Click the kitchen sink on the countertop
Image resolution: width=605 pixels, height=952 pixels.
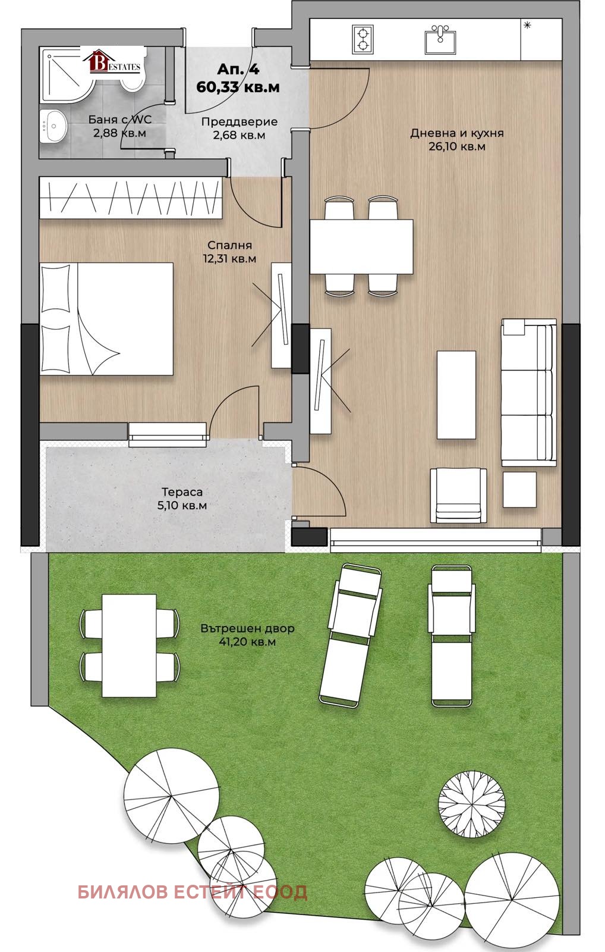click(x=440, y=39)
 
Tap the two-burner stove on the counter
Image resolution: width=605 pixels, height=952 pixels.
click(x=363, y=39)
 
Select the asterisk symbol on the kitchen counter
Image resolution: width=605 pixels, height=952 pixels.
click(x=527, y=26)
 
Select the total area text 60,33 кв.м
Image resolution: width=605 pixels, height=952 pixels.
click(x=238, y=87)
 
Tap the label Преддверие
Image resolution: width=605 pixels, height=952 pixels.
click(x=240, y=121)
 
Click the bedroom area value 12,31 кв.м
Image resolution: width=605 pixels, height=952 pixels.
click(x=229, y=258)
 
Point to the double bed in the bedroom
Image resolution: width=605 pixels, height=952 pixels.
click(x=106, y=319)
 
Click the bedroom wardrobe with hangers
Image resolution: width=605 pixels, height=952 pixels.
click(x=131, y=198)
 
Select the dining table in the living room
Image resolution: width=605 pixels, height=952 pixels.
click(x=361, y=246)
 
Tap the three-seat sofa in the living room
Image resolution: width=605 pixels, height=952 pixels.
click(x=529, y=392)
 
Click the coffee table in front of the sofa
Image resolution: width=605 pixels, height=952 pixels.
click(x=456, y=394)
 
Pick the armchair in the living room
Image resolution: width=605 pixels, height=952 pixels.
click(x=459, y=495)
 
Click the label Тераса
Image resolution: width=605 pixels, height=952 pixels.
click(x=182, y=492)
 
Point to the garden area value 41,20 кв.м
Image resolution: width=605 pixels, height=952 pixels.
click(x=247, y=641)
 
